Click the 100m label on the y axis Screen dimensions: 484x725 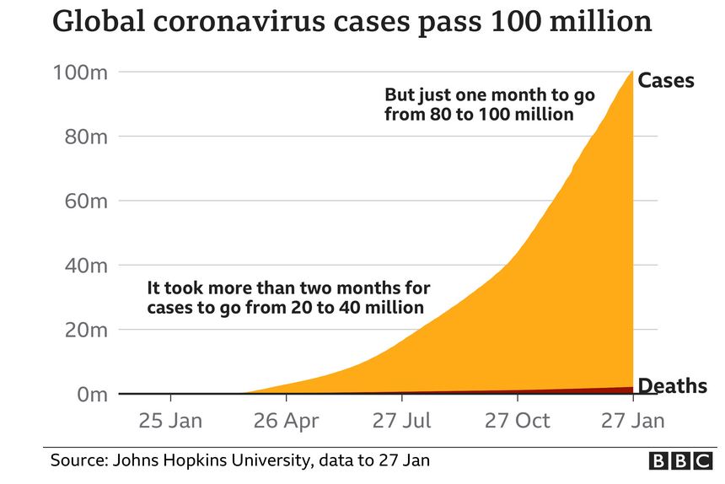pos(81,73)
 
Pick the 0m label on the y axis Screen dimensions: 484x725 pos(92,395)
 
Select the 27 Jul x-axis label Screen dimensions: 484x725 pos(403,420)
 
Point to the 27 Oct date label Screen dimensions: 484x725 pos(518,420)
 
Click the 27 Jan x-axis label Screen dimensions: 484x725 pos(632,420)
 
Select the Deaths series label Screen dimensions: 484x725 pos(672,387)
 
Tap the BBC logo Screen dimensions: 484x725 pos(679,460)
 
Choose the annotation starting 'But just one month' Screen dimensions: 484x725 pos(490,105)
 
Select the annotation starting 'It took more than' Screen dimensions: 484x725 pos(288,298)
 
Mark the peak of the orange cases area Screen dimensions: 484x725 pos(631,73)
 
